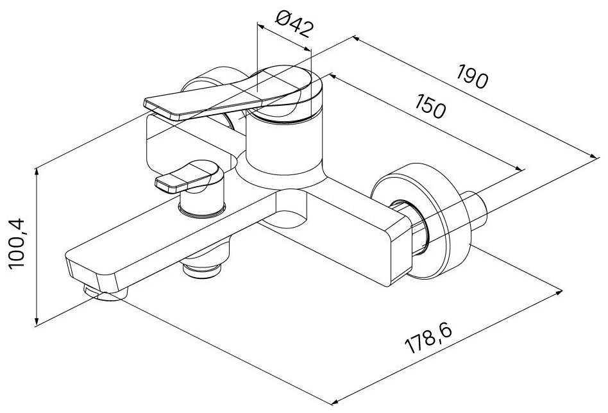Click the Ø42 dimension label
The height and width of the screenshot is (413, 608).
click(294, 23)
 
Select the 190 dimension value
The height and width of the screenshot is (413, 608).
click(471, 77)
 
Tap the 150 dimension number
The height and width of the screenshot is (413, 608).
click(430, 106)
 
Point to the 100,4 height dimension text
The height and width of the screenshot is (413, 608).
click(17, 243)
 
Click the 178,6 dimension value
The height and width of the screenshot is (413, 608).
click(428, 339)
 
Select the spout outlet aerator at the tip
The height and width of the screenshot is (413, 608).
click(101, 294)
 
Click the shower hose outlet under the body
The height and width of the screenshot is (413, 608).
click(203, 268)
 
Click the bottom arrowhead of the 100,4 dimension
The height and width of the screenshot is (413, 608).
click(37, 322)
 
